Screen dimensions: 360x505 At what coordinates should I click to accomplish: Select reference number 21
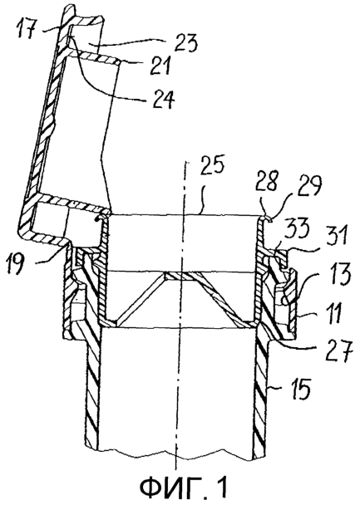coord(160,65)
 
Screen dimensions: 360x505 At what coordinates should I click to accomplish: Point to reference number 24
coord(163,99)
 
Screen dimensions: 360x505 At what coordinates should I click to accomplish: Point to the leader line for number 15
coord(277,389)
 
